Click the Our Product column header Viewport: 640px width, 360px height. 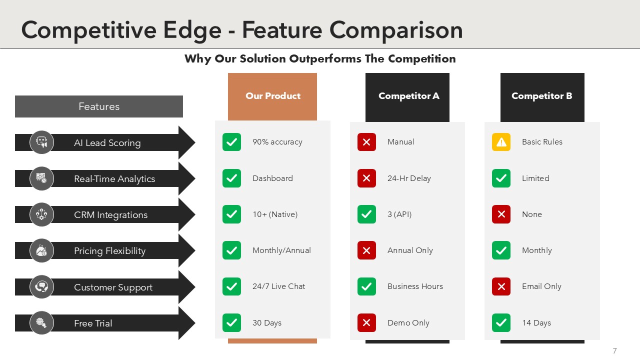(272, 96)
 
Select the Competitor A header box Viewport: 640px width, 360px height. (407, 97)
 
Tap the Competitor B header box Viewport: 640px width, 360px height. (542, 97)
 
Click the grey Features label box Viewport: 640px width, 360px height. (99, 106)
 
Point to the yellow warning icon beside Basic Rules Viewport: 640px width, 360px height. (501, 142)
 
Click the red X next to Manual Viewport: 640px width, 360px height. (366, 142)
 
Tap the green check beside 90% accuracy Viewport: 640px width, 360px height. (231, 142)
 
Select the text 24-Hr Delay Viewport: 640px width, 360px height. (409, 178)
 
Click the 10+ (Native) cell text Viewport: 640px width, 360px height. (275, 214)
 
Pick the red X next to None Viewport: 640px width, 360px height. (501, 214)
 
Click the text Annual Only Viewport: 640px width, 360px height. (410, 250)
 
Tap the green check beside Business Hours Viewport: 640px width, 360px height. (366, 286)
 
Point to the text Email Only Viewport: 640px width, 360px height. (541, 286)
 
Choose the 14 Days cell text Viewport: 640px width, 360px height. (536, 323)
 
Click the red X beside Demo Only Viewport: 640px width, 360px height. (366, 323)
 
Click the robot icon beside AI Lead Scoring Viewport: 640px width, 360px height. (41, 142)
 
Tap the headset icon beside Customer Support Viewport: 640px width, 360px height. (41, 286)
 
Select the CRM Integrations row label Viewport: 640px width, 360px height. (110, 215)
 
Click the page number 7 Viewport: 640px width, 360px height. (614, 350)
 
